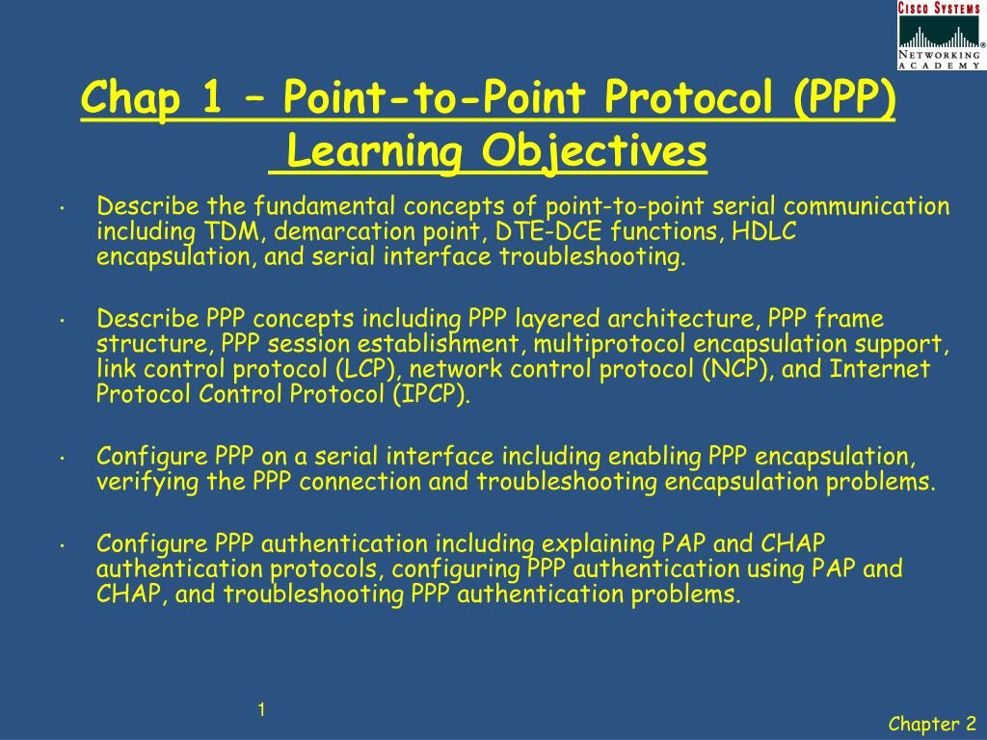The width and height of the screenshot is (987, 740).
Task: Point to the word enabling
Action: click(655, 457)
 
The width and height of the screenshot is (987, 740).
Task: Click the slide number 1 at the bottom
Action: click(260, 711)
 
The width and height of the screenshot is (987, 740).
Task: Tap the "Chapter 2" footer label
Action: click(932, 724)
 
